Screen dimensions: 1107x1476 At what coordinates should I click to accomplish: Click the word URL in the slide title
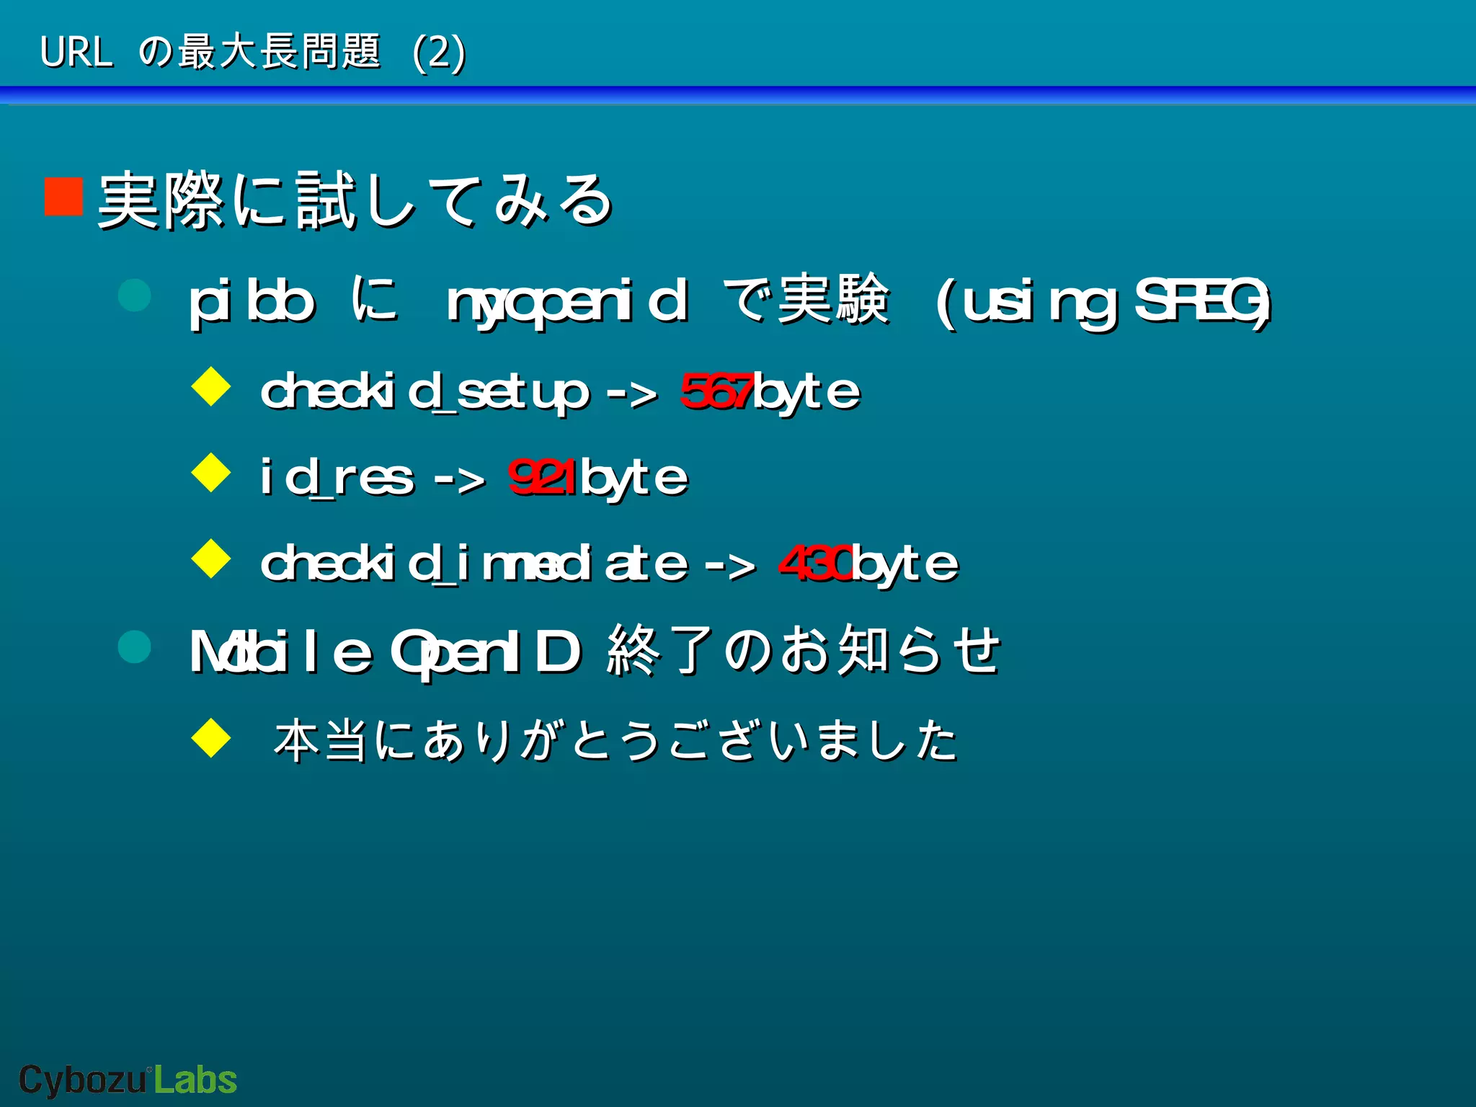tap(76, 52)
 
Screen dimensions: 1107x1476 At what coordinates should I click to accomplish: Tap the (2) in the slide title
tap(439, 52)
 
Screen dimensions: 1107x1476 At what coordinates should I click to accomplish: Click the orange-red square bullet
tap(63, 196)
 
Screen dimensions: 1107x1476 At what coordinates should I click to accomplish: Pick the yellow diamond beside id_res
tap(211, 473)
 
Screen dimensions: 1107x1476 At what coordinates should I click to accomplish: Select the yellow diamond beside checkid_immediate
tap(211, 559)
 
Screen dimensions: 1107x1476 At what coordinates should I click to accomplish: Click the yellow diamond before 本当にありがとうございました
tap(211, 737)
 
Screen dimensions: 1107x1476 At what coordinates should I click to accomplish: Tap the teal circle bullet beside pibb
tap(135, 295)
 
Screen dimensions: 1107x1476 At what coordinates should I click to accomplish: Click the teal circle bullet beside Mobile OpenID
tap(135, 646)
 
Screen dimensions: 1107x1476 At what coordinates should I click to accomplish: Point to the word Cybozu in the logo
tap(82, 1080)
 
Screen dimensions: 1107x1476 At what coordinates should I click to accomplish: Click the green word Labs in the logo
tap(195, 1080)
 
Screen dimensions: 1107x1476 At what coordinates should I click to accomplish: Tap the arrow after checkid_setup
tap(632, 393)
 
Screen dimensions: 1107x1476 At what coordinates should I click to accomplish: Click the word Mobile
tap(281, 652)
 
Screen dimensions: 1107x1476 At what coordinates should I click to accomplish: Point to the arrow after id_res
tap(460, 479)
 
